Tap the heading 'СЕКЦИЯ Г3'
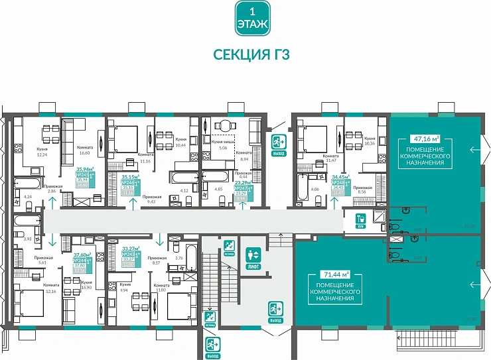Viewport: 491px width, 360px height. (251, 54)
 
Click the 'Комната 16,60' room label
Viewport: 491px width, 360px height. (84, 150)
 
